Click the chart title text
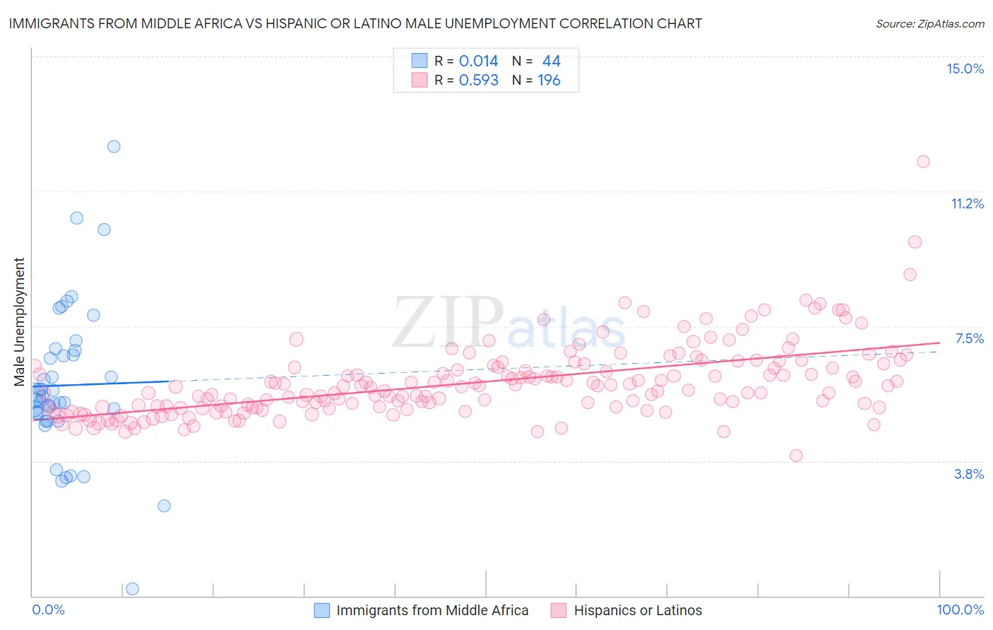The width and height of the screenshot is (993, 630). tap(355, 23)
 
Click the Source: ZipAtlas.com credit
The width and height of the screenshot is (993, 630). tap(929, 23)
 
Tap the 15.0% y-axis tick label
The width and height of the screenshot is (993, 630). tap(965, 69)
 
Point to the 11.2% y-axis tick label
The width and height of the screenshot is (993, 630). tap(967, 203)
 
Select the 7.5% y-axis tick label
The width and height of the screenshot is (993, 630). tap(969, 338)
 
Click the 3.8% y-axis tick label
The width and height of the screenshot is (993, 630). tap(969, 474)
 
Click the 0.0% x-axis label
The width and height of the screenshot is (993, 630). tap(48, 610)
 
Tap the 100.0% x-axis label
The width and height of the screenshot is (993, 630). tap(960, 610)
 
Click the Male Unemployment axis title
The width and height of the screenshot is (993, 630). tap(19, 322)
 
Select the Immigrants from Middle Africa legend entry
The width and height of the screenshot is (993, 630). tap(421, 610)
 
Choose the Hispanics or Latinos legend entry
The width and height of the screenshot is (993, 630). tap(626, 610)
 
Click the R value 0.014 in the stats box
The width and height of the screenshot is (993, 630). tap(478, 61)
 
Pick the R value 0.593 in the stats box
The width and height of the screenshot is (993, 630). tap(478, 80)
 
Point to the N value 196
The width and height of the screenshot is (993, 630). tap(549, 80)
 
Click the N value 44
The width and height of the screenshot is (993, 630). tap(551, 61)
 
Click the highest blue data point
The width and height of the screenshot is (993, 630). tap(114, 146)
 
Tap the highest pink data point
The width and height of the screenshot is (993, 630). tap(923, 161)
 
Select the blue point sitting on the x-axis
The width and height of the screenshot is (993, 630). tap(132, 588)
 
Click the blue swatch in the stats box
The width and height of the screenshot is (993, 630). tap(420, 61)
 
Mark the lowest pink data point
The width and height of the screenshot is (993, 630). tap(796, 456)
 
